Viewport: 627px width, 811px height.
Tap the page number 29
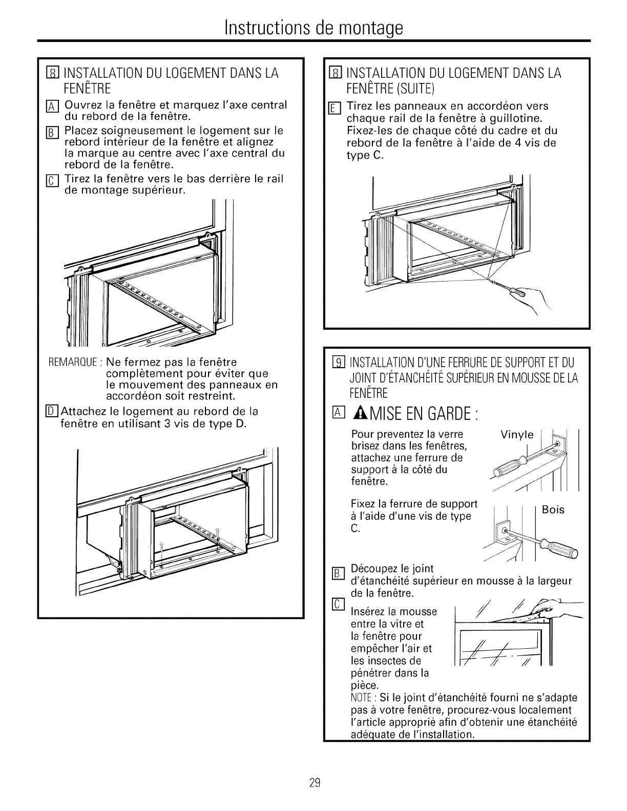[314, 782]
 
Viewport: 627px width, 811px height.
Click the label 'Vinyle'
[517, 435]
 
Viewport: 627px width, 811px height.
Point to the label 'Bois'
[553, 509]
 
